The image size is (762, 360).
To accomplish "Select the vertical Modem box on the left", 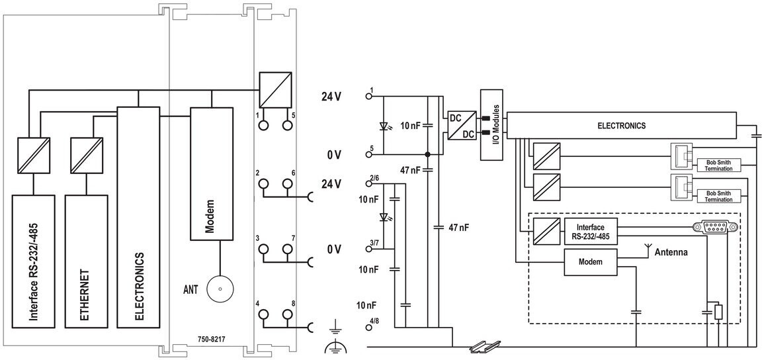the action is click(x=211, y=173).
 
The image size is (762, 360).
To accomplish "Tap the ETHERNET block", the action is click(x=86, y=261).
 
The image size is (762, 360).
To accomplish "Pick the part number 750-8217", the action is click(x=211, y=339).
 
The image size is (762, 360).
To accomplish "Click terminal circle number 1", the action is click(x=263, y=125).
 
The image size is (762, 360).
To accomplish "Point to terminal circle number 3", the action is click(x=263, y=249).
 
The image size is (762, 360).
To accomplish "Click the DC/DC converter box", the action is click(x=460, y=125).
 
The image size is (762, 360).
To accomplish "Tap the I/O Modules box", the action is click(x=491, y=125).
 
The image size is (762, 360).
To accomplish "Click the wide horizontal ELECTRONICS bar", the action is click(x=622, y=126).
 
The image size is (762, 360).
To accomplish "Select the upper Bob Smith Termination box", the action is click(x=718, y=165).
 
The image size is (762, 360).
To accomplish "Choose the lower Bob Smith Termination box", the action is click(x=718, y=197).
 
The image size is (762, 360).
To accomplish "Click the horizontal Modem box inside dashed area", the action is click(x=591, y=262).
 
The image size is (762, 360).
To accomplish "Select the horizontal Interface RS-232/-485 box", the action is click(x=591, y=231).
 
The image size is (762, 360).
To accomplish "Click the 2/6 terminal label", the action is click(x=374, y=179).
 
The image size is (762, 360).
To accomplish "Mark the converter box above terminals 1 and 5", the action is click(x=275, y=89).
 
